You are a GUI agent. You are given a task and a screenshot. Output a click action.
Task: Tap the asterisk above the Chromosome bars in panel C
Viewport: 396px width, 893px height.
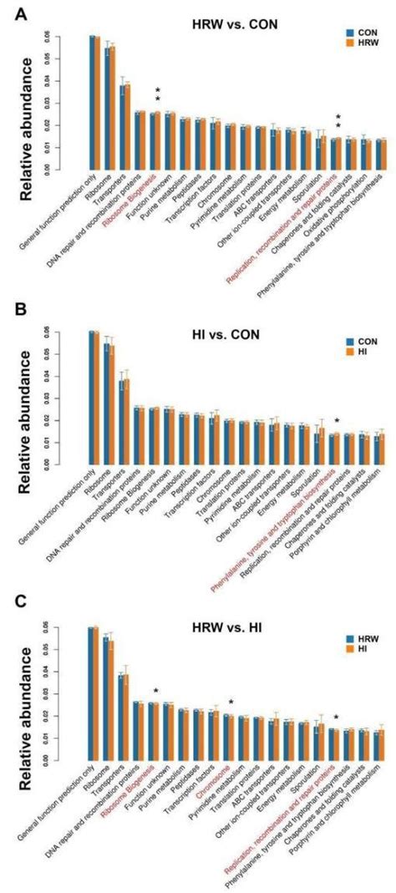click(231, 703)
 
